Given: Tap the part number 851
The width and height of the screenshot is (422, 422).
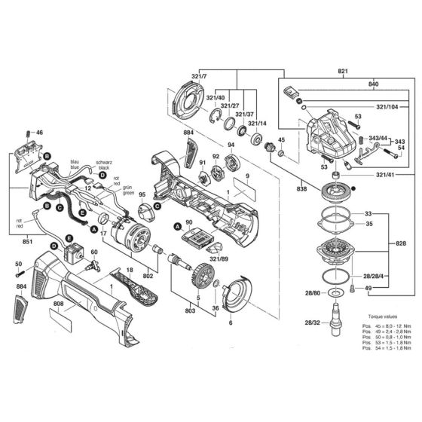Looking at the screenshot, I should coord(28,242).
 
